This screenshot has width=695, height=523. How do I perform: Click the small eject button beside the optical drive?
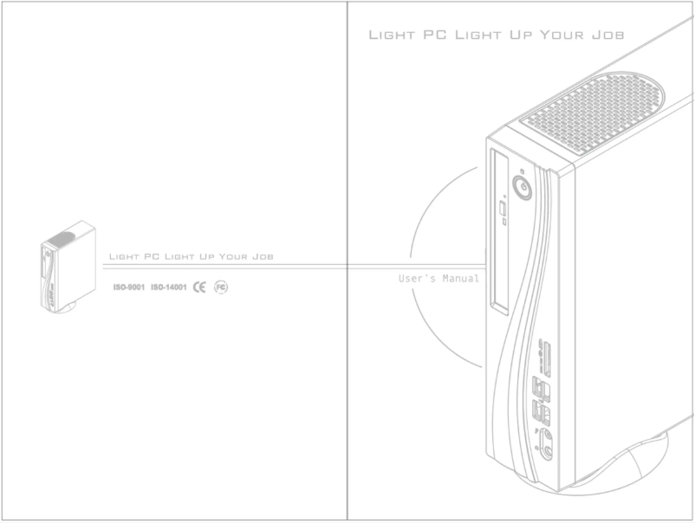click(504, 210)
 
